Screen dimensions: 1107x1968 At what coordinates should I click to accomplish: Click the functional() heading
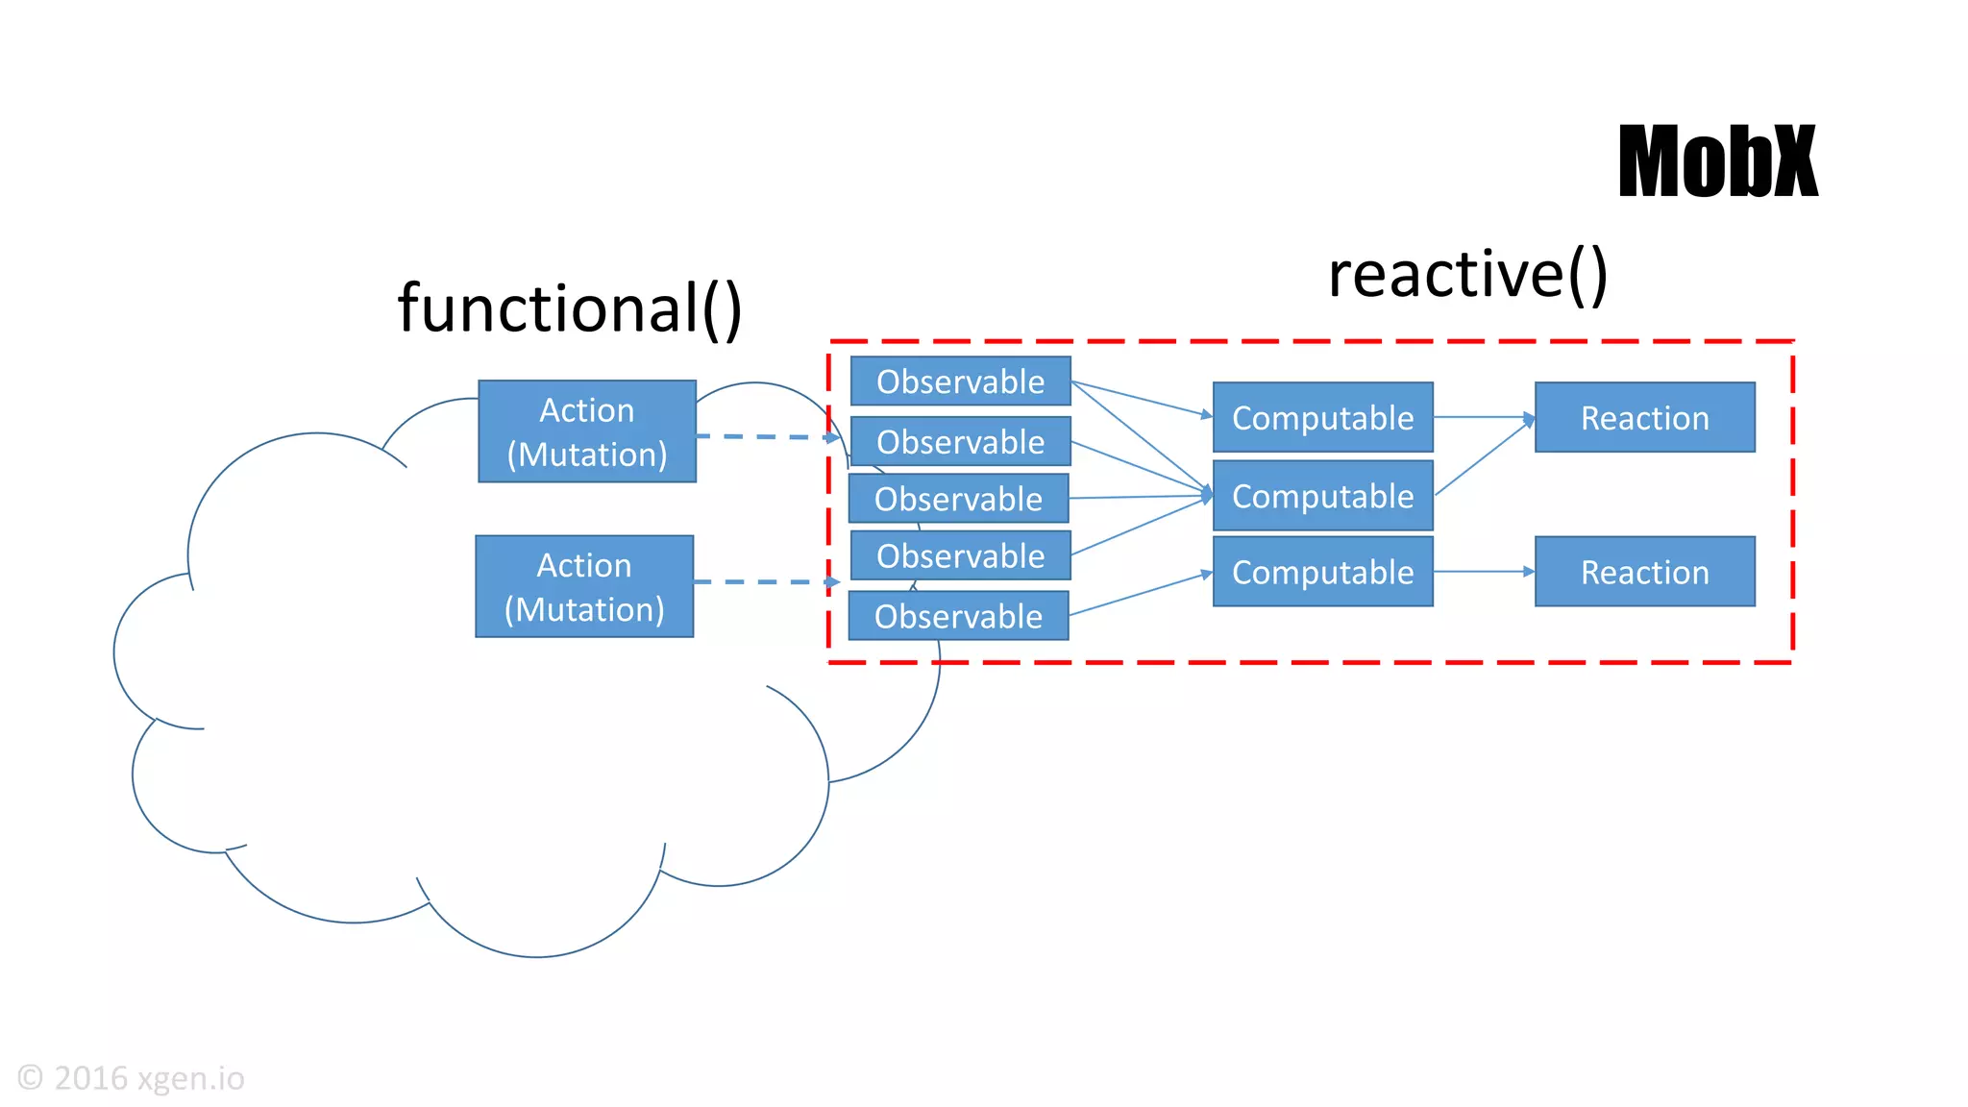click(x=570, y=308)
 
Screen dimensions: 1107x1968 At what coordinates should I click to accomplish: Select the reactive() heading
click(x=1467, y=275)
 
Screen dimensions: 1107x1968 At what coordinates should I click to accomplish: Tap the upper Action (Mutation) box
click(x=587, y=431)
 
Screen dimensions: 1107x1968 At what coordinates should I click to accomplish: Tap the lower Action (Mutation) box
click(x=584, y=586)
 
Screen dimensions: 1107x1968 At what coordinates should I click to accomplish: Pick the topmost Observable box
click(x=960, y=381)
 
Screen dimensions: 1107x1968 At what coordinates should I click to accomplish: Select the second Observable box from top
click(x=960, y=441)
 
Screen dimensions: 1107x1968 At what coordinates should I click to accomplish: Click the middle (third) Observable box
click(x=958, y=499)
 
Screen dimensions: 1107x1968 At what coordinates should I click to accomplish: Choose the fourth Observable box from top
click(x=960, y=555)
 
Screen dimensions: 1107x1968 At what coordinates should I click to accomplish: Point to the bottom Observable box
click(x=958, y=616)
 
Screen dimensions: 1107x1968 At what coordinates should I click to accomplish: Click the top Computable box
click(x=1322, y=418)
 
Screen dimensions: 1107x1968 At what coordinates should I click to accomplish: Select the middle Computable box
click(x=1322, y=496)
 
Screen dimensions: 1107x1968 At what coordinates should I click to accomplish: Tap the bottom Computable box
click(x=1322, y=572)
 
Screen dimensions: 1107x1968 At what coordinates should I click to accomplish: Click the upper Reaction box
click(x=1644, y=418)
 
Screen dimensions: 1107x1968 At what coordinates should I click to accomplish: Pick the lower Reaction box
click(x=1644, y=572)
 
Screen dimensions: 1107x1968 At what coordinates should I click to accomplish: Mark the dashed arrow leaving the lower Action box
click(x=765, y=581)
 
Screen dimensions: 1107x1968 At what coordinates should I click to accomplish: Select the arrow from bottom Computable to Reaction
click(x=1484, y=572)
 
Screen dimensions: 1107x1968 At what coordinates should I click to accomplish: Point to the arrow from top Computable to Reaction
click(x=1484, y=417)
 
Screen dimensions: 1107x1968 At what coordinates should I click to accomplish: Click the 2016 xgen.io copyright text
click(x=132, y=1078)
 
